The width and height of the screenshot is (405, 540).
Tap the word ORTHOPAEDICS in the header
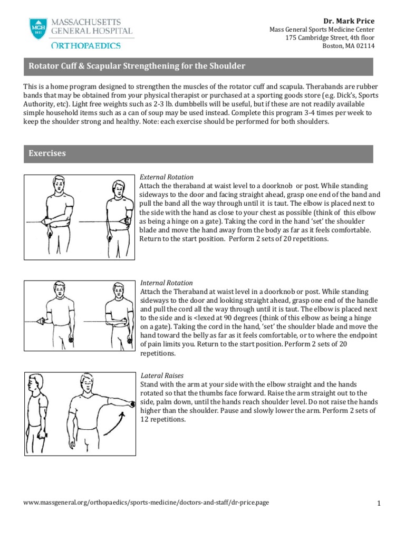tap(81, 46)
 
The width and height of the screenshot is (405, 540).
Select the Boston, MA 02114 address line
tap(349, 46)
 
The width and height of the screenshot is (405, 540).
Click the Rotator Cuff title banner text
tap(137, 66)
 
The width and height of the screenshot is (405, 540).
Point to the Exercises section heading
tap(47, 153)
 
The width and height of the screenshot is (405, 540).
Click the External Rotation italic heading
tap(166, 177)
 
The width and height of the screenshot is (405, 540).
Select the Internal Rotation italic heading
tap(166, 283)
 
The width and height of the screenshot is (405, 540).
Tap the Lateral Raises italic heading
tap(161, 375)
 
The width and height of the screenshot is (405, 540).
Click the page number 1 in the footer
tap(379, 504)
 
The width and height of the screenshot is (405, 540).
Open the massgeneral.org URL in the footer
tap(146, 503)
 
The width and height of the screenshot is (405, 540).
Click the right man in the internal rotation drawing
tap(115, 314)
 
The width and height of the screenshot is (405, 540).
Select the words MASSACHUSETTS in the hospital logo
tap(86, 22)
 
